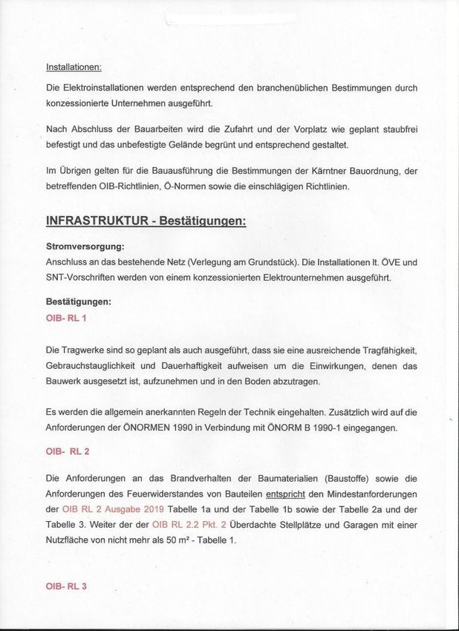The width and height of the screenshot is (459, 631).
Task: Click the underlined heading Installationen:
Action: [x=74, y=67]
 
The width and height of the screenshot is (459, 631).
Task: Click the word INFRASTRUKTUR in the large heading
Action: [x=95, y=222]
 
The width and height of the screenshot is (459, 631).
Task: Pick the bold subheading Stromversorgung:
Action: [x=85, y=246]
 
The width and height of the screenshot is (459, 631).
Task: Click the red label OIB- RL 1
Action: [x=66, y=318]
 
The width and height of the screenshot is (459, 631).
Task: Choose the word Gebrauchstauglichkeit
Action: [x=89, y=366]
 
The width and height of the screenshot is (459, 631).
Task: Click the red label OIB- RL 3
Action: [x=66, y=586]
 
